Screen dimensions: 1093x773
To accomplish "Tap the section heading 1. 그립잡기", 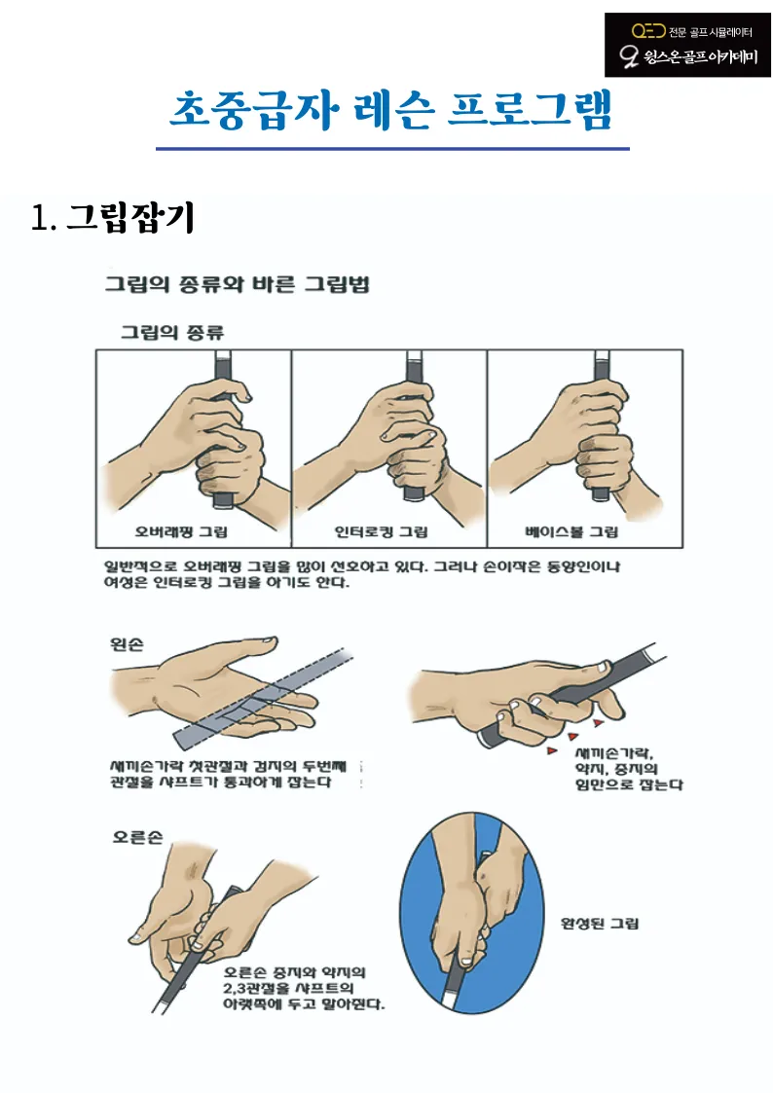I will point(113,218).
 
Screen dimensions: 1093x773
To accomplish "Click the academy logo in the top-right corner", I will point(687,45).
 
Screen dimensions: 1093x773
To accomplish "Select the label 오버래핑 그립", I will point(181,532).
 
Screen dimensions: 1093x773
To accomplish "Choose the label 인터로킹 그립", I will point(381,532).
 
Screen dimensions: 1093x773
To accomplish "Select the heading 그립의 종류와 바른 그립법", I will point(237,285).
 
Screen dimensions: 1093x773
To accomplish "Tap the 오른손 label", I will point(134,838).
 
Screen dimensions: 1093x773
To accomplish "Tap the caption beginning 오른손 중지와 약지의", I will point(303,987).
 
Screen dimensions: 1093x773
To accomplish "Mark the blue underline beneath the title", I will point(392,149).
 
